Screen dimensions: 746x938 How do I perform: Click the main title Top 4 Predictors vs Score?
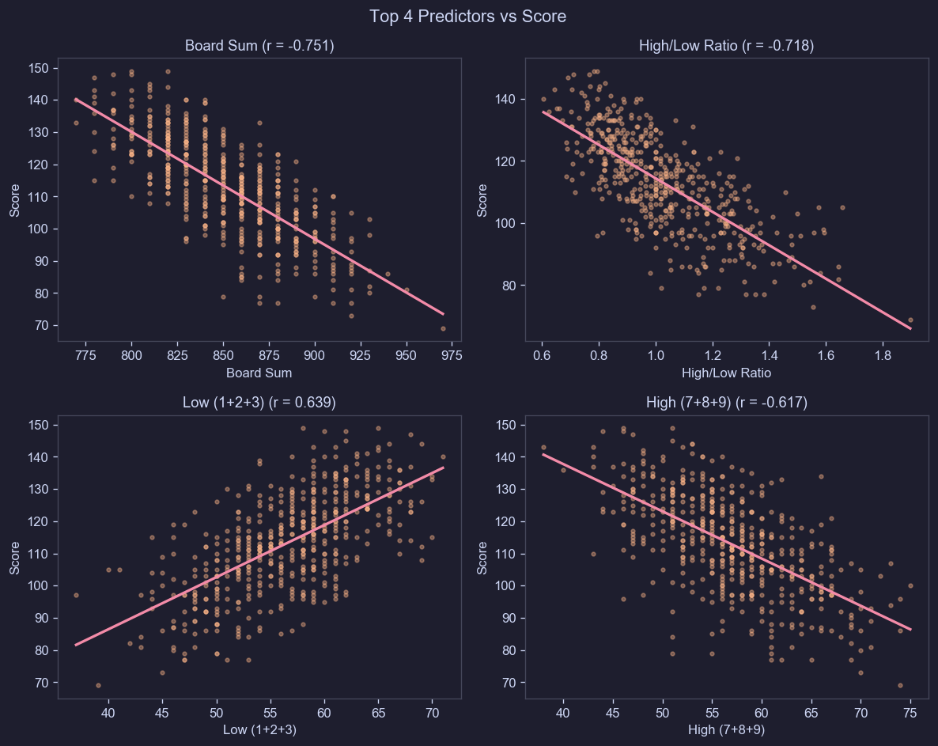468,16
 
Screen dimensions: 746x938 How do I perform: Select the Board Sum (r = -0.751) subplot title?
259,46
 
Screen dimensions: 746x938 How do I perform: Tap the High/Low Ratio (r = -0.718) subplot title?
726,46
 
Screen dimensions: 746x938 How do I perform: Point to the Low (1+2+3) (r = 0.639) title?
259,403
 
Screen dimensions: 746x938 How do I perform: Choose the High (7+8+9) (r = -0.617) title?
726,403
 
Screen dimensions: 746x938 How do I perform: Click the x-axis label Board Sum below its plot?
259,373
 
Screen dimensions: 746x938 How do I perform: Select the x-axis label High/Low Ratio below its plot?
726,373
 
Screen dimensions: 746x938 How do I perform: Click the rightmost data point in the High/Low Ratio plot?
910,320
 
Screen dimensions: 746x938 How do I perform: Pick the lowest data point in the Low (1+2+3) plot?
98,685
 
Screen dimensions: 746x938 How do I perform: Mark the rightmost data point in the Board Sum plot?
444,328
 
